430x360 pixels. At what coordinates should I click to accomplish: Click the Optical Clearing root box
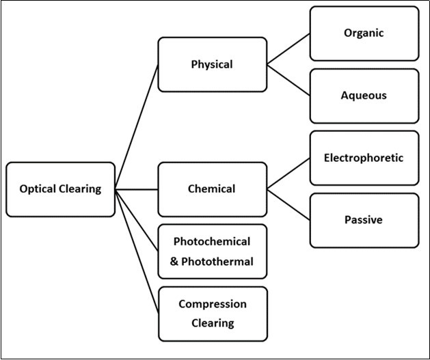[60, 189]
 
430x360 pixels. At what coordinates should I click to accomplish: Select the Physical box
[212, 65]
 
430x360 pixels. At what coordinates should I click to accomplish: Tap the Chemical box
[212, 189]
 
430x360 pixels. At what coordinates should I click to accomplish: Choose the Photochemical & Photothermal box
[212, 251]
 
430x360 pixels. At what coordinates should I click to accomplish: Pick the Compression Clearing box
[212, 314]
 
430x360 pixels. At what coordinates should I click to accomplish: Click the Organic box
[364, 33]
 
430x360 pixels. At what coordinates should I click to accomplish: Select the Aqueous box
[364, 96]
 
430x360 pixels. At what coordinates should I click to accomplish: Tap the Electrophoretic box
[364, 158]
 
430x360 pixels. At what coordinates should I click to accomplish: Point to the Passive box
[364, 220]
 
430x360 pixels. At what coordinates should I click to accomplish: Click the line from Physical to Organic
[288, 49]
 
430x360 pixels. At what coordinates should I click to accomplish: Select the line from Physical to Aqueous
[288, 80]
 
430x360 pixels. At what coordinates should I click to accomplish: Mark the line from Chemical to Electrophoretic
[288, 174]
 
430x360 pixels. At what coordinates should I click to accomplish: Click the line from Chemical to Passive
[288, 204]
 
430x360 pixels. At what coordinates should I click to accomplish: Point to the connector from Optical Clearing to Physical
[137, 127]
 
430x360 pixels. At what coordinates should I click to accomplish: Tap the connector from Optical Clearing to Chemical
[137, 189]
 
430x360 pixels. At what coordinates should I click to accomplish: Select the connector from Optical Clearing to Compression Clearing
[137, 251]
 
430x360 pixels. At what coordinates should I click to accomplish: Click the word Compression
[212, 304]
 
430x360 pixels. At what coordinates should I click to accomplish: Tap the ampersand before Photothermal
[175, 261]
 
